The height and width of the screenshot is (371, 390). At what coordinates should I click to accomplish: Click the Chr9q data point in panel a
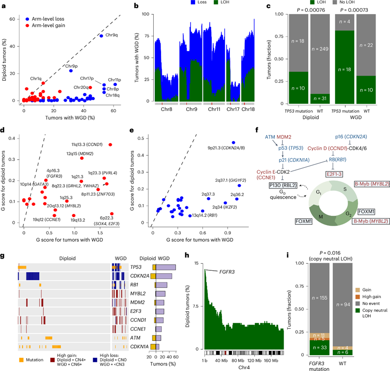101,36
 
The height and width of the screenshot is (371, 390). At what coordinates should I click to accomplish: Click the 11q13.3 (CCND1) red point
110,145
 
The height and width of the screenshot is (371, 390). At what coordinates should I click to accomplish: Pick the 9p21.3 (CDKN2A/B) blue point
234,143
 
